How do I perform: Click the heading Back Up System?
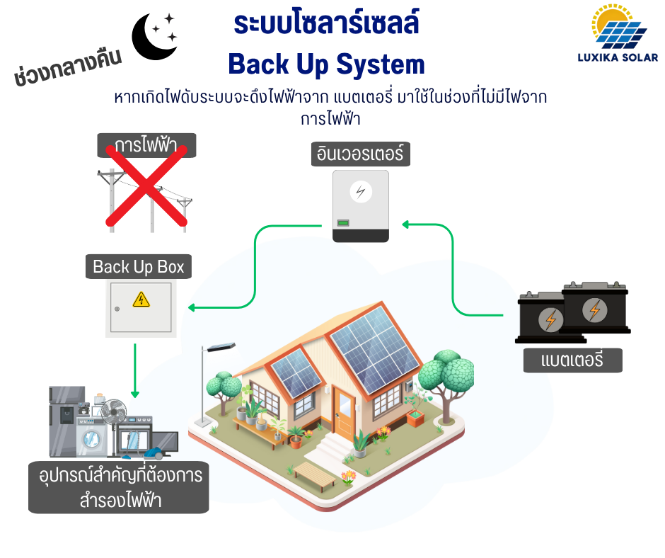point(326,64)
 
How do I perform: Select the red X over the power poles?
point(146,185)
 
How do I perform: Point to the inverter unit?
point(361,205)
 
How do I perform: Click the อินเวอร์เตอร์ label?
point(361,154)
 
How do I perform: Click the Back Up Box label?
point(139,266)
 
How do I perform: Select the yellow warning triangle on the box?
point(141,300)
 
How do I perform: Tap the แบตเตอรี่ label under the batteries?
point(572,360)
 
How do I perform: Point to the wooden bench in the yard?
point(316,476)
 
